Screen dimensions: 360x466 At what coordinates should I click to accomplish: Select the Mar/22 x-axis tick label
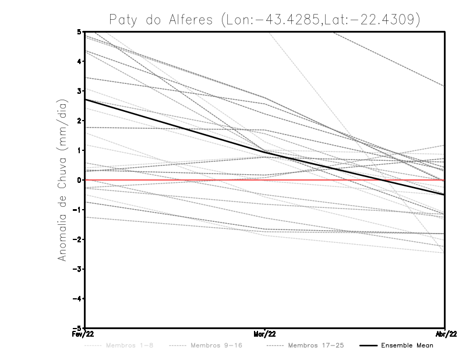pos(264,334)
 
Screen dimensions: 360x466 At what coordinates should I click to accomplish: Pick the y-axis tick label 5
pos(79,31)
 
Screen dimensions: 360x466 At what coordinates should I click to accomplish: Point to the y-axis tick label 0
pos(79,180)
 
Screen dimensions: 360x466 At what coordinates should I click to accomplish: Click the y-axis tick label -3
pos(77,269)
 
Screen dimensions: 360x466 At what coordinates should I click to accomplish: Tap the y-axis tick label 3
pos(79,91)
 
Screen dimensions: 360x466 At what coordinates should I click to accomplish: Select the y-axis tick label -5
pos(77,328)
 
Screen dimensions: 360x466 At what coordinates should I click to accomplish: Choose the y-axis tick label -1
pos(77,210)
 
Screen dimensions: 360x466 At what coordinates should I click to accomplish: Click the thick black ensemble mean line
pos(175,125)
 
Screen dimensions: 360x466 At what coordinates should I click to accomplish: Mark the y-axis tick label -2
pos(77,239)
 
